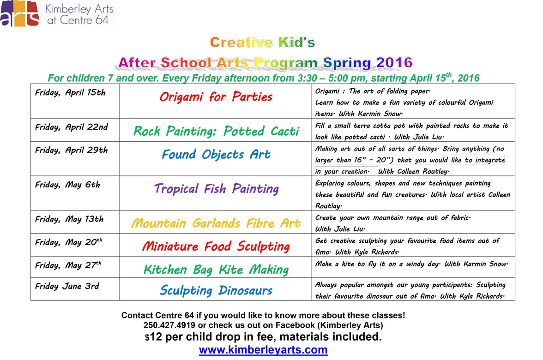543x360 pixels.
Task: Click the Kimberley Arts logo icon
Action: [19, 14]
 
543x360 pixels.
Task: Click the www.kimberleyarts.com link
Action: [263, 350]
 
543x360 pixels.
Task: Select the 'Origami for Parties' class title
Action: [216, 97]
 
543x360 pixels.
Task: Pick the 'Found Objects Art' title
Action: [216, 155]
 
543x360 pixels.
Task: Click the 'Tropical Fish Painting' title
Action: [216, 189]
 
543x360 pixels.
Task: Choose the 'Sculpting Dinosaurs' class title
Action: [216, 291]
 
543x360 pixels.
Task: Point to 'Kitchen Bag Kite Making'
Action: [216, 270]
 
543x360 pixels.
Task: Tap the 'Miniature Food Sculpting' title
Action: [216, 246]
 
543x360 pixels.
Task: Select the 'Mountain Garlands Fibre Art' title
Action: [216, 224]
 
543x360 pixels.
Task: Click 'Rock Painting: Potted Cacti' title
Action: [216, 132]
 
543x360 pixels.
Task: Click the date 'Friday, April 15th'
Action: [70, 92]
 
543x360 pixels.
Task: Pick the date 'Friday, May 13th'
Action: [69, 219]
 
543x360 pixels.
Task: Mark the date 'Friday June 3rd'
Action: [67, 286]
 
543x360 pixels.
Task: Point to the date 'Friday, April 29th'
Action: [71, 150]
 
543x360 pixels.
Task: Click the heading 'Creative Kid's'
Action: [262, 43]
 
